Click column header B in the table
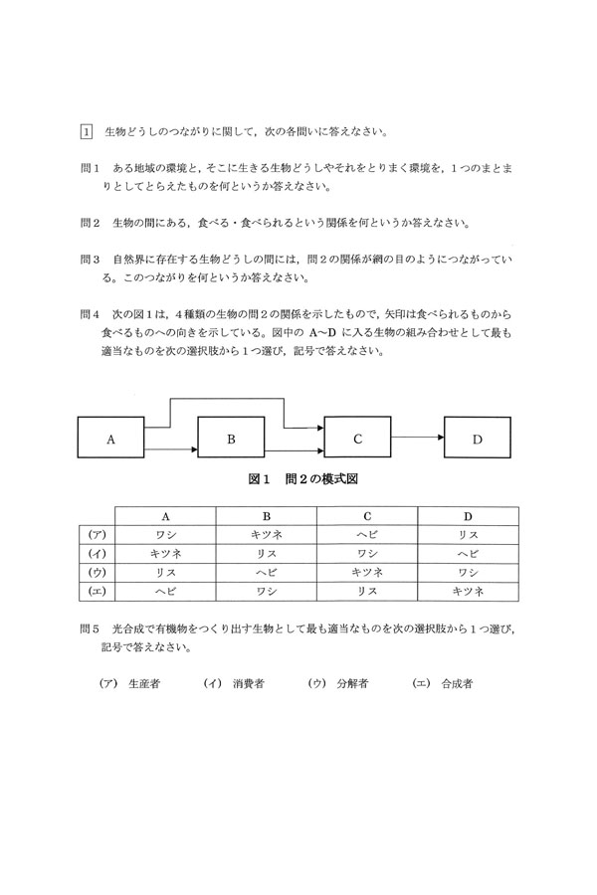[x=267, y=516]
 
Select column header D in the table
[x=468, y=516]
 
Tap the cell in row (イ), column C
[x=367, y=553]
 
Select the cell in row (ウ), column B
[x=267, y=572]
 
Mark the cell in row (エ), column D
[x=468, y=591]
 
